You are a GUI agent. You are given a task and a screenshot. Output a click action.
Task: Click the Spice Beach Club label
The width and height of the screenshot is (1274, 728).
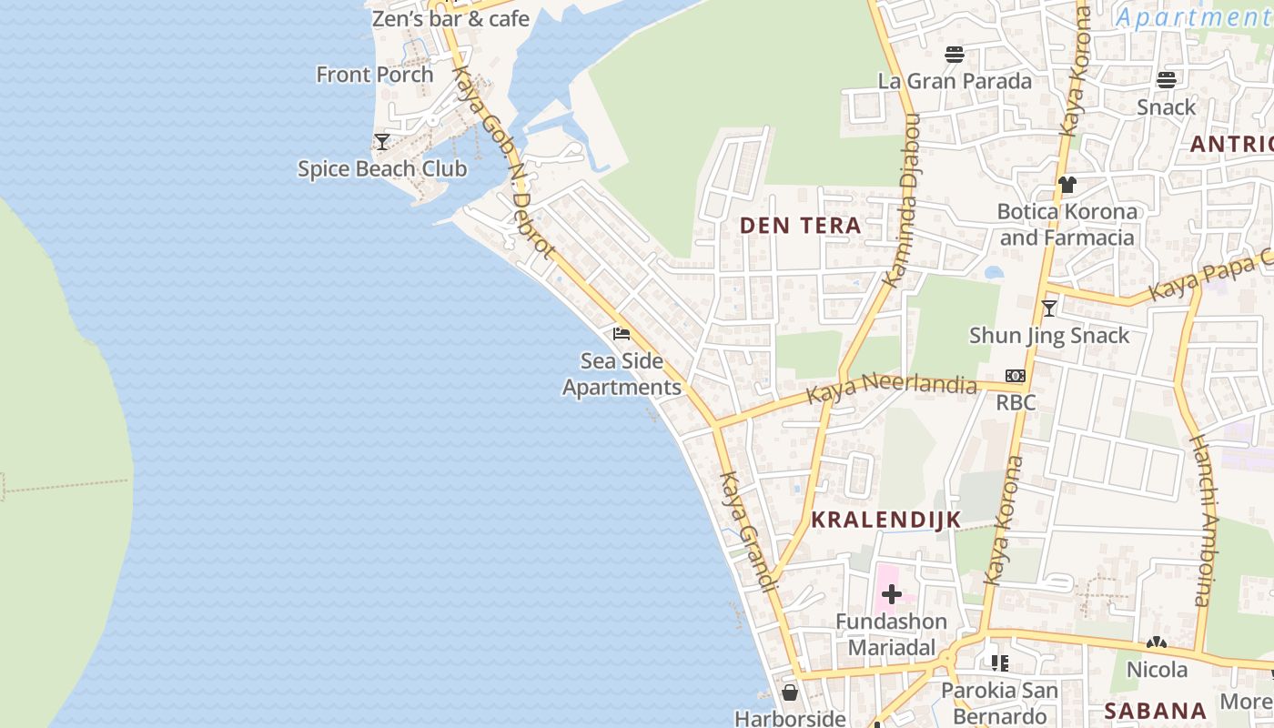[382, 169]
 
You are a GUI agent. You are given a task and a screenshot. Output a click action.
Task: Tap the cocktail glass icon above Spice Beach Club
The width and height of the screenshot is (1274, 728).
[382, 142]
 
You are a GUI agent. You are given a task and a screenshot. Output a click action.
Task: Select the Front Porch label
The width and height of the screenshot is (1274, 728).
[374, 75]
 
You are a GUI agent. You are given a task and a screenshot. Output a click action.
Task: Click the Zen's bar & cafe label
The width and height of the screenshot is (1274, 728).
[450, 18]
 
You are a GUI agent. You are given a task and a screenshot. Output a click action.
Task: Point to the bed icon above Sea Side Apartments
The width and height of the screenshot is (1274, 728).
[622, 334]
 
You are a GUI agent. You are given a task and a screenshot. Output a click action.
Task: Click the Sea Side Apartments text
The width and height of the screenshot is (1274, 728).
[622, 374]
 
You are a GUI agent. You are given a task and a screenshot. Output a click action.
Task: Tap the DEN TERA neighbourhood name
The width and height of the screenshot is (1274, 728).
[800, 226]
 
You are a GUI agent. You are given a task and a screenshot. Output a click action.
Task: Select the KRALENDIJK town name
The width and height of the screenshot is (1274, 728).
[885, 520]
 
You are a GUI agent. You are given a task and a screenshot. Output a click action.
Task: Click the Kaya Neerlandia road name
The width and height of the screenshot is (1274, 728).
[892, 389]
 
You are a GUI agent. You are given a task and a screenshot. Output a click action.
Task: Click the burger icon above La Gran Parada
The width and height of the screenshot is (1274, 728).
[954, 54]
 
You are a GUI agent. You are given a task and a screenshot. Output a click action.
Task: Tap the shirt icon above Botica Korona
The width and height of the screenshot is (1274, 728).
[1067, 185]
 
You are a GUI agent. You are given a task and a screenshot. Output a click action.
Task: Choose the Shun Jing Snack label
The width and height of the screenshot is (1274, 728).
[1048, 336]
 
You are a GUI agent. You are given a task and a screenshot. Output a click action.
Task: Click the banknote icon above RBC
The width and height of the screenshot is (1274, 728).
[1016, 376]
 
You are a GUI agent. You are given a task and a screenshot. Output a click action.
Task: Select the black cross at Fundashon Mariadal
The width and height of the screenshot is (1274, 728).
[892, 595]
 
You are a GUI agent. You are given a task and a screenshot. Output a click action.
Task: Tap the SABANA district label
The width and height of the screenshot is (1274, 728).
[1155, 711]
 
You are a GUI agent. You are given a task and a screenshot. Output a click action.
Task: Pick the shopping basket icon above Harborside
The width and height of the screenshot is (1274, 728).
[790, 693]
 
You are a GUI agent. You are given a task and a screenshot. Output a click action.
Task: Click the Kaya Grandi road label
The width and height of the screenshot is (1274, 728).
[747, 531]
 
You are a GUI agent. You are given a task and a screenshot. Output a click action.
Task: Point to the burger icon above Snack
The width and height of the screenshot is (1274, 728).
[1167, 80]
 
